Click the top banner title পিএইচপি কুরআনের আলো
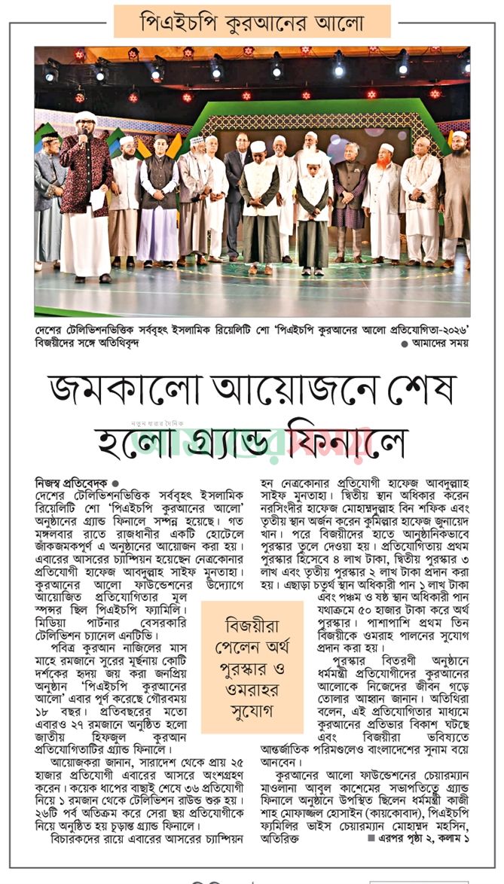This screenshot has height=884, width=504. (x=252, y=22)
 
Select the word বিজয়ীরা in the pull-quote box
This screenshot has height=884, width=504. (x=252, y=625)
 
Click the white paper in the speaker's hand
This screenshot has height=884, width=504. (x=96, y=198)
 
